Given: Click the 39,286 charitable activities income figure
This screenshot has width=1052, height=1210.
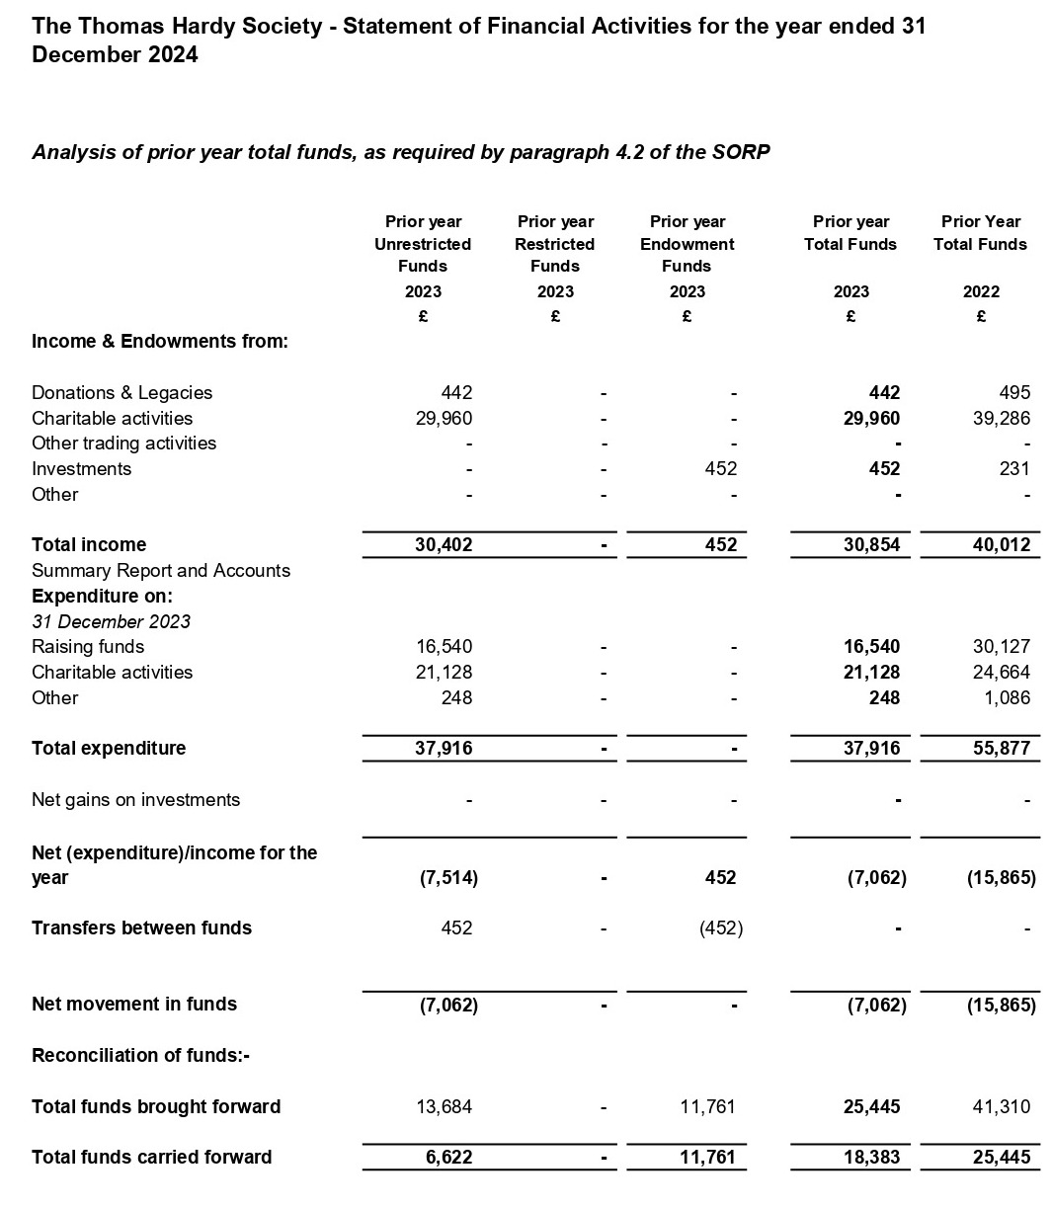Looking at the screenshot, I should [x=1001, y=418].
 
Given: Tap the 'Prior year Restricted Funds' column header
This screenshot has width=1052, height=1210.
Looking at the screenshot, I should [x=555, y=244].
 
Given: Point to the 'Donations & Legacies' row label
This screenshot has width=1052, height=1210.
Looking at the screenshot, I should [x=121, y=392].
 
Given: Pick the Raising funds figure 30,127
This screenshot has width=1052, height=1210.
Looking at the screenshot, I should [x=1001, y=646].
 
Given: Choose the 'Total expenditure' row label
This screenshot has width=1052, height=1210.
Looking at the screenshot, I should [x=109, y=748].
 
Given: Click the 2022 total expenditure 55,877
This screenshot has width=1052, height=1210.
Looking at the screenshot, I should [x=1001, y=748].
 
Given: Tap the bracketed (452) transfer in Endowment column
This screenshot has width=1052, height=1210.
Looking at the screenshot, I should [x=720, y=928].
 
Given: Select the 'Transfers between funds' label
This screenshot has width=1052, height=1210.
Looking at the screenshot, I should [x=141, y=928].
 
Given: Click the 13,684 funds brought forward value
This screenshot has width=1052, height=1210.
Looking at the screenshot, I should [x=445, y=1106].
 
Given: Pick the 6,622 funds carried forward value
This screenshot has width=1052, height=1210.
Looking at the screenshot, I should [x=449, y=1157].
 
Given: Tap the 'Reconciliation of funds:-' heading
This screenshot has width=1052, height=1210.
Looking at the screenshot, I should [x=140, y=1055].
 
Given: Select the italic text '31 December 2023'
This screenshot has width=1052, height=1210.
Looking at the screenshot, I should [x=111, y=621].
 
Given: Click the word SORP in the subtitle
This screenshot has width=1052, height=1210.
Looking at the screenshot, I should [x=742, y=152].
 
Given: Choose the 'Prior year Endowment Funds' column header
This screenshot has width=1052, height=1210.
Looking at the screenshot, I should [x=688, y=244].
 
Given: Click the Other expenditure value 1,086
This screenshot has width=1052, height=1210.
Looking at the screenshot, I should [x=1007, y=697].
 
